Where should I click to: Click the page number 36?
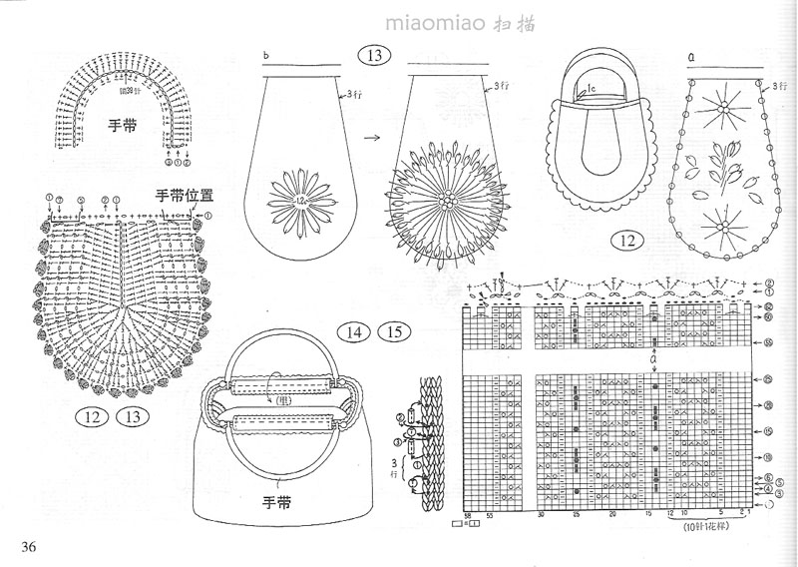[27, 545]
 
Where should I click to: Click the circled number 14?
[354, 332]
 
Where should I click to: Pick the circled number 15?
[392, 332]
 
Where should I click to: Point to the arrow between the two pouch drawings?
[369, 141]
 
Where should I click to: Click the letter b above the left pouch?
[266, 55]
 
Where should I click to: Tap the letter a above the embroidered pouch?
[690, 57]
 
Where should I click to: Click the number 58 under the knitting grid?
[467, 515]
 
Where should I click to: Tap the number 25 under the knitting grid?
[577, 515]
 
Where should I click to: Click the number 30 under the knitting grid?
[540, 515]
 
